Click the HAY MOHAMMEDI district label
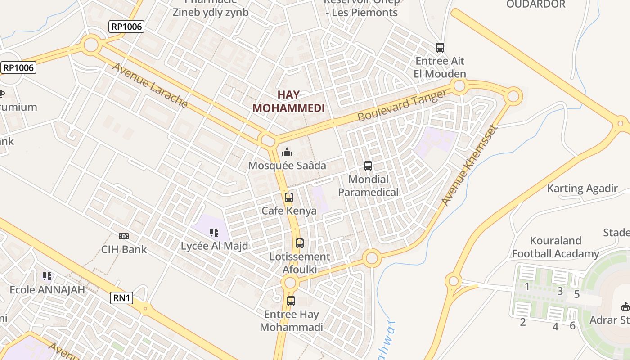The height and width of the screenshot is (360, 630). tap(288, 101)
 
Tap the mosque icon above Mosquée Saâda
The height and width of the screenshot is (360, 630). tap(287, 152)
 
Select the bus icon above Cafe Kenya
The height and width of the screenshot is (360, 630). tap(289, 197)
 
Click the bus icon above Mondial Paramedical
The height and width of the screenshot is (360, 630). tap(368, 166)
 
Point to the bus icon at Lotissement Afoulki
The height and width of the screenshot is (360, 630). tap(300, 243)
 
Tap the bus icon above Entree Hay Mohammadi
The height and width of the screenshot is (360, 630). tap(291, 301)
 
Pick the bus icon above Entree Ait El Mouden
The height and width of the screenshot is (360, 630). tap(440, 47)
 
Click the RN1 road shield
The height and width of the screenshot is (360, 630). tap(122, 297)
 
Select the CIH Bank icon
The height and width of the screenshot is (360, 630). tap(124, 236)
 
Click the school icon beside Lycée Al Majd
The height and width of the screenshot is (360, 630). tap(214, 233)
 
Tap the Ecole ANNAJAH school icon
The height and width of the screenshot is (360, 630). tap(47, 276)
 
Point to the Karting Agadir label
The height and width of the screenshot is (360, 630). tap(582, 188)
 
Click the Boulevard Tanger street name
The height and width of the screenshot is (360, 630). tap(403, 105)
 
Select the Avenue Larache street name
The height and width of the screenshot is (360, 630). tap(150, 85)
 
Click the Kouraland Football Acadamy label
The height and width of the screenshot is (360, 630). tap(556, 247)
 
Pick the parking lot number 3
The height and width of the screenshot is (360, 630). tap(560, 291)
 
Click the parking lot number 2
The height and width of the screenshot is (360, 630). tap(523, 322)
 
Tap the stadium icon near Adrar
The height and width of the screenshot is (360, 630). tap(625, 307)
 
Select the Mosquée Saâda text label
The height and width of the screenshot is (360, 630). tap(287, 166)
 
